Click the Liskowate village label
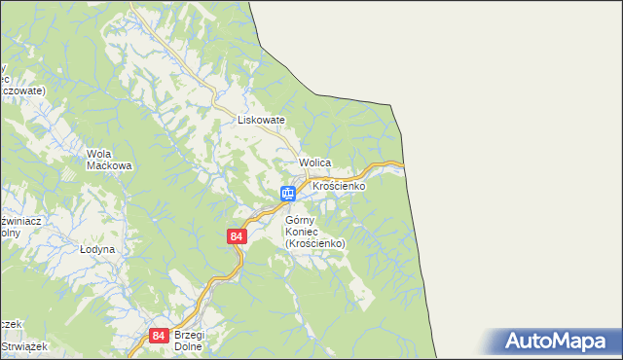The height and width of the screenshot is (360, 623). point(261,120)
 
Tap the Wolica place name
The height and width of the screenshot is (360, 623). point(316,162)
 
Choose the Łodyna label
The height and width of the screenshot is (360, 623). point(97,249)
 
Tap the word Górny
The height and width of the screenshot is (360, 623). point(302,220)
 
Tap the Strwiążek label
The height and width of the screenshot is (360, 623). point(18,345)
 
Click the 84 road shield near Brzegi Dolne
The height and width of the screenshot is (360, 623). point(160,336)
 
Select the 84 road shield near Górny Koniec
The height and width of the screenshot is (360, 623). point(237,236)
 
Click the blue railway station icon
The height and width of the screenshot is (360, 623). point(288,194)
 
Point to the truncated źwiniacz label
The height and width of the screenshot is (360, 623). point(19,222)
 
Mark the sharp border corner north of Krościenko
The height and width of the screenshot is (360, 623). point(391,104)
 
